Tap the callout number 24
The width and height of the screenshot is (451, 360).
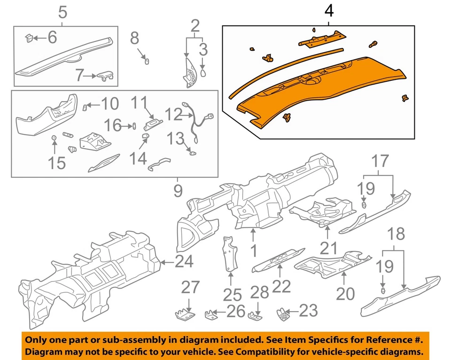point(184,261)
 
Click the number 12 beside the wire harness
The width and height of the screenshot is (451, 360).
point(173,115)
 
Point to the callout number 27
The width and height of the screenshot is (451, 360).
point(190,288)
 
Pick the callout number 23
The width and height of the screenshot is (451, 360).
point(308,311)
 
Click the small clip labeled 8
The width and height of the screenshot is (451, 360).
point(146,61)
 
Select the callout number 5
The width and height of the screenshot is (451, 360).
point(62,13)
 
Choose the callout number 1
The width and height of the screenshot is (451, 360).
point(254,250)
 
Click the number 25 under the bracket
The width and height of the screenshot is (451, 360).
point(232,295)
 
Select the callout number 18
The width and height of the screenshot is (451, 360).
point(397,235)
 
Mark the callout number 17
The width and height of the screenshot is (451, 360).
point(381,162)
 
